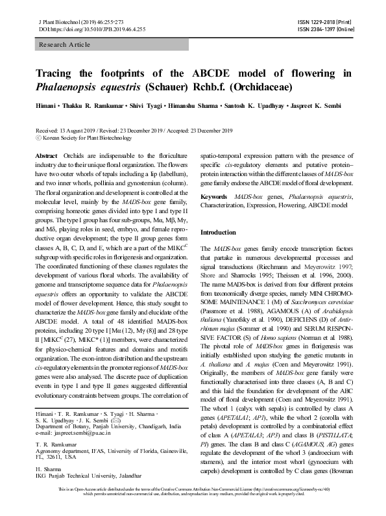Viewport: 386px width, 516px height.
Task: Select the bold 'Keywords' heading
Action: pyautogui.click(x=214, y=196)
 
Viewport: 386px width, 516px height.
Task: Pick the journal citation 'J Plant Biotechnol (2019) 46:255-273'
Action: pyautogui.click(x=74, y=22)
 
